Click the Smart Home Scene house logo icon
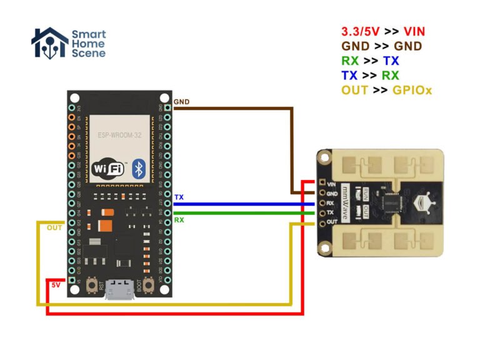pyautogui.click(x=49, y=43)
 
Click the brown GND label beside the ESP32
pyautogui.click(x=181, y=101)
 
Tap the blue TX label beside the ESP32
pyautogui.click(x=179, y=197)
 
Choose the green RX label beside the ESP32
pyautogui.click(x=179, y=219)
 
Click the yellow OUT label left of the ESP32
pyautogui.click(x=55, y=227)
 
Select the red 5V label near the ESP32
pyautogui.click(x=56, y=285)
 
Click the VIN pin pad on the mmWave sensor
pyautogui.click(x=322, y=184)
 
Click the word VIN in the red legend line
pyautogui.click(x=415, y=31)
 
